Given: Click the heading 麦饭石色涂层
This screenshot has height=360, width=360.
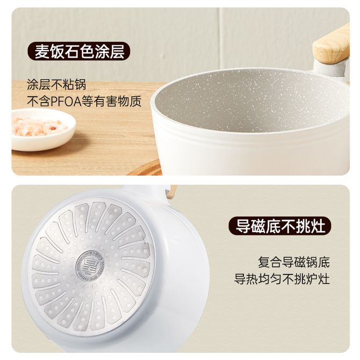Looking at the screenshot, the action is [80, 52].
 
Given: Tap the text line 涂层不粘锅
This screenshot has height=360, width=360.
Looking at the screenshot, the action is [56, 84].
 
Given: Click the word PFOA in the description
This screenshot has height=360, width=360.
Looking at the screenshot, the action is [66, 101].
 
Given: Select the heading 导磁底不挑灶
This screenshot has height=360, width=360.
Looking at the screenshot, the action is [280, 226].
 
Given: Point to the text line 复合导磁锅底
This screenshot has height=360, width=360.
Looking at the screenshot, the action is [294, 262].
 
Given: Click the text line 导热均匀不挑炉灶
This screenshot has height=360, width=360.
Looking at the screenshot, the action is [282, 279].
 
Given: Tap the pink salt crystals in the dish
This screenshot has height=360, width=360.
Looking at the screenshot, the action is [39, 127].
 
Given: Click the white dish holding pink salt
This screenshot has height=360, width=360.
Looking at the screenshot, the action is [43, 130].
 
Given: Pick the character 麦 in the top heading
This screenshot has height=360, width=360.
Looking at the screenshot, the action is [42, 52].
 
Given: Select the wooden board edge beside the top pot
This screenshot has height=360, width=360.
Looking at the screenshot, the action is [145, 168].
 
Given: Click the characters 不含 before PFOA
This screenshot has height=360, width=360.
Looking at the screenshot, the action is [39, 101].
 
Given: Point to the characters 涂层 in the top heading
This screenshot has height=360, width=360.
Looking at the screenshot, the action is [110, 52].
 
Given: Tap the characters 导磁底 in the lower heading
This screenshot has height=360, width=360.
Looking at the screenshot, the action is [258, 226].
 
